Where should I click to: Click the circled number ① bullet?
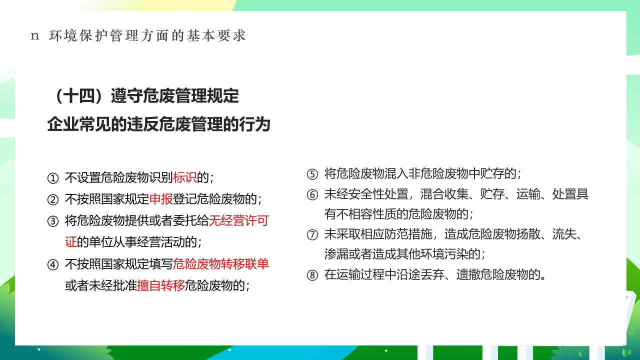(53, 178)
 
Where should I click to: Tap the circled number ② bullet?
(53, 199)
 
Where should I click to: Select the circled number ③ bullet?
(53, 221)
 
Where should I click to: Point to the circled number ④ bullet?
(53, 264)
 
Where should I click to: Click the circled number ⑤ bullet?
(312, 174)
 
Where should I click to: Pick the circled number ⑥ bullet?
(312, 194)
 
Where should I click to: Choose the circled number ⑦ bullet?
(312, 234)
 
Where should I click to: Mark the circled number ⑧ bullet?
(312, 274)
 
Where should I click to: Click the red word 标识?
(184, 178)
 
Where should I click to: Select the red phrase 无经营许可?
(238, 221)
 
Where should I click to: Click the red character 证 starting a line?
(70, 242)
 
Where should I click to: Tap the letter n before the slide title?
(34, 36)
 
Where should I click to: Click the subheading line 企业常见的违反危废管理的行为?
(158, 124)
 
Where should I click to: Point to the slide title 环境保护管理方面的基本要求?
(148, 36)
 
